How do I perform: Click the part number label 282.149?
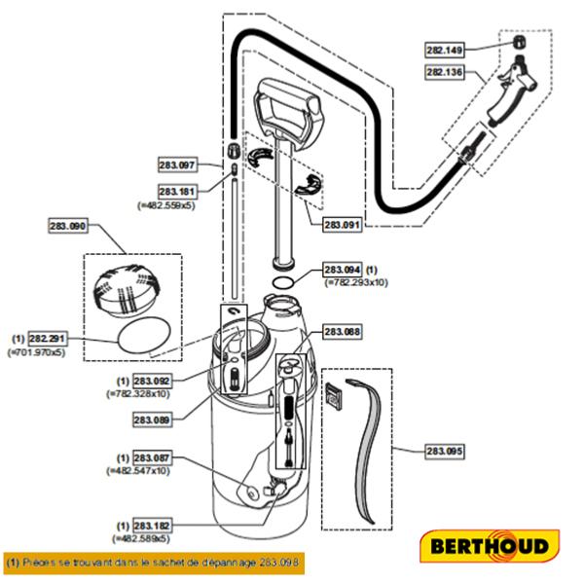447,49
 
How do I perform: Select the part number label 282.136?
447,71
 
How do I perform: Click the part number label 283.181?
177,192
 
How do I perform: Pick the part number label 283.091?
343,225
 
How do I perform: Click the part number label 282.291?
48,338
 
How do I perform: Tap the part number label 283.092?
152,381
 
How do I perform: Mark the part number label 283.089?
152,420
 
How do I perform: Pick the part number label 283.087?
152,457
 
